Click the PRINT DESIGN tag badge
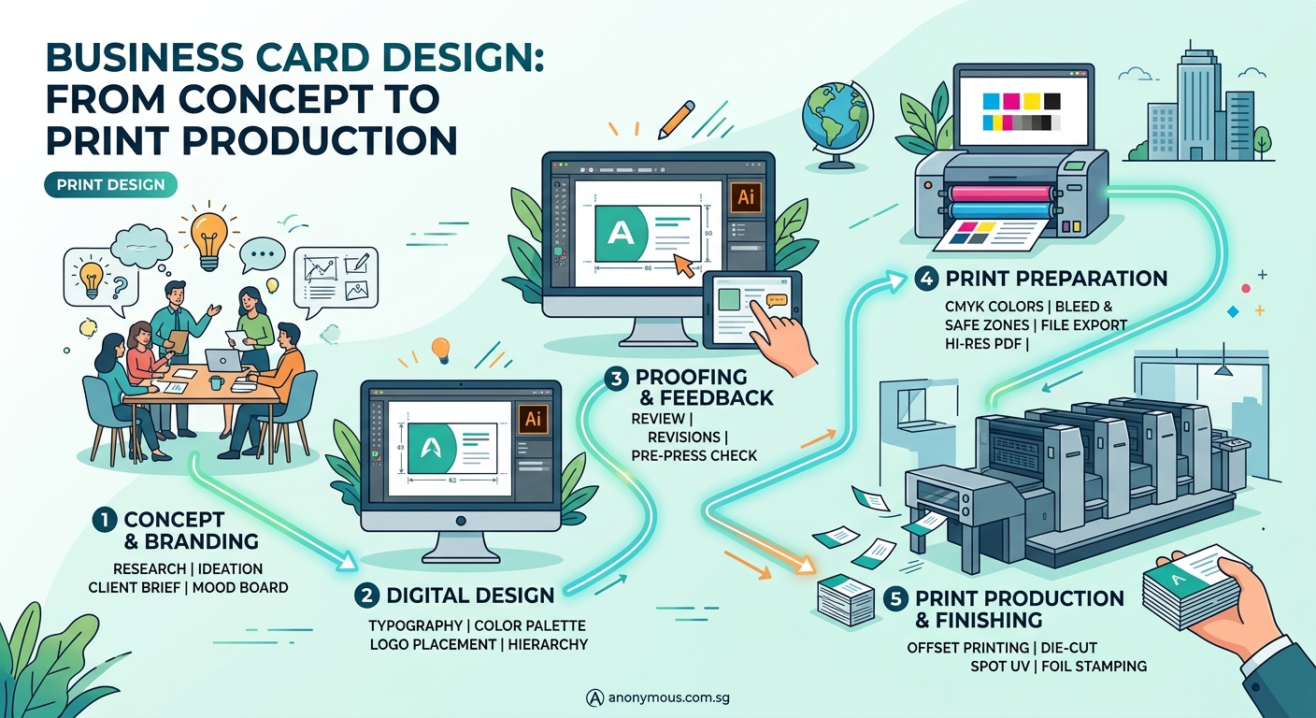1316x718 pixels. [110, 185]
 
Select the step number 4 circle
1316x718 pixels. [925, 279]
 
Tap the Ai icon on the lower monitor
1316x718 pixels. [534, 418]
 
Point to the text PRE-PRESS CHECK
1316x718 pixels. [694, 455]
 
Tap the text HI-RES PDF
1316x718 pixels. [982, 343]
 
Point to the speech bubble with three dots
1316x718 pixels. [262, 254]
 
